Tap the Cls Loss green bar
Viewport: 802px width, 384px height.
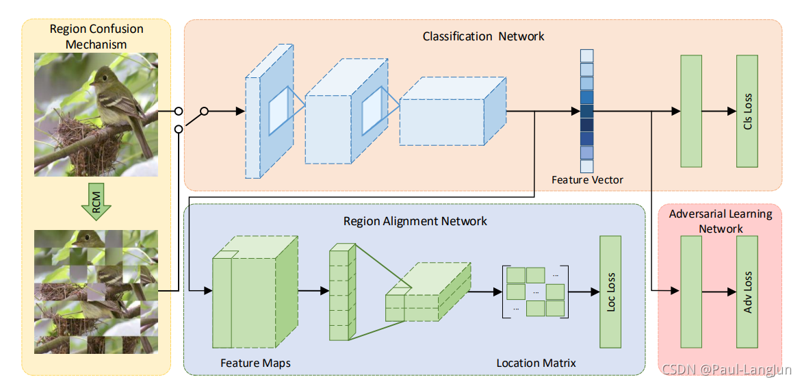pos(747,110)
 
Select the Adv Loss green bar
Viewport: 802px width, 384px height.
pos(747,292)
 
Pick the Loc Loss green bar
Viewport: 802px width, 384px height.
pos(610,292)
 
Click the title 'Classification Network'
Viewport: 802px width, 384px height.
pos(483,36)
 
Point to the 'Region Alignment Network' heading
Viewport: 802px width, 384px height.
pos(415,221)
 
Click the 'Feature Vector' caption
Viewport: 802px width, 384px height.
pos(587,180)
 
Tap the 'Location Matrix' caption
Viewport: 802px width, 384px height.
pos(536,363)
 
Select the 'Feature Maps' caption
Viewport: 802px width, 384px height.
pos(255,363)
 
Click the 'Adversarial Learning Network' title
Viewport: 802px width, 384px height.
pos(720,221)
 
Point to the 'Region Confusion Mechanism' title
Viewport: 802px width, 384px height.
pos(96,36)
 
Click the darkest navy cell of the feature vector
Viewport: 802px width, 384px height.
pos(586,125)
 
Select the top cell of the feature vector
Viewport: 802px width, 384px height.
pos(586,55)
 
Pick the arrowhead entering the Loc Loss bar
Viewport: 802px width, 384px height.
pos(595,292)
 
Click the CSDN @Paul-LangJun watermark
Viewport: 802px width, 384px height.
pos(727,369)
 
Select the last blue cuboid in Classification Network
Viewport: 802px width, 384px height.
pos(452,110)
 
